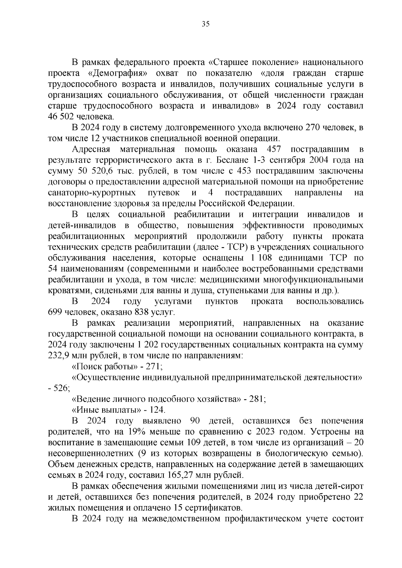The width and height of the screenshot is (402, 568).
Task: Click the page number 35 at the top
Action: point(205,24)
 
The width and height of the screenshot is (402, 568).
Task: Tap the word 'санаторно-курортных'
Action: point(92,193)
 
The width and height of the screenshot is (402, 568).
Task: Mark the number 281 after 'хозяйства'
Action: point(256,399)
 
